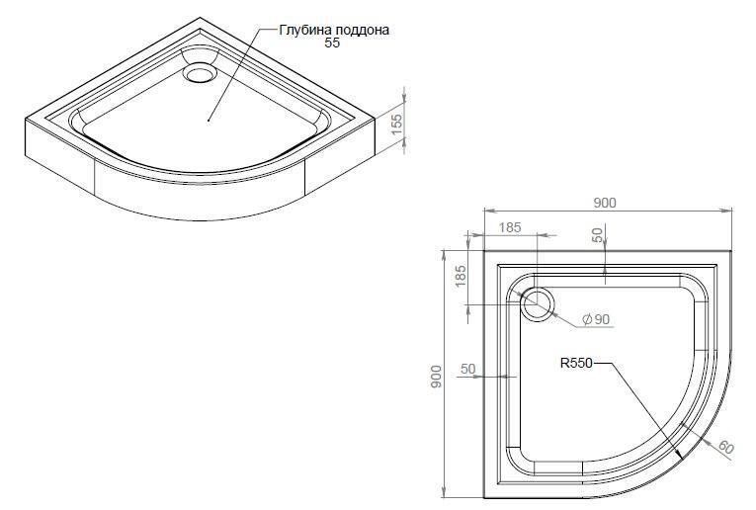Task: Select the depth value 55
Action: click(332, 42)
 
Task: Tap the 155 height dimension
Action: click(396, 124)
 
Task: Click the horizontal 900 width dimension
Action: click(604, 203)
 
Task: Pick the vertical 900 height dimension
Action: click(437, 376)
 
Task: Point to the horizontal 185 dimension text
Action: click(510, 227)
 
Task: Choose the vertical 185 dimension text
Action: click(461, 276)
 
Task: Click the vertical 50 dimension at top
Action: click(598, 235)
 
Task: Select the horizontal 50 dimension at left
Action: click(467, 369)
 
